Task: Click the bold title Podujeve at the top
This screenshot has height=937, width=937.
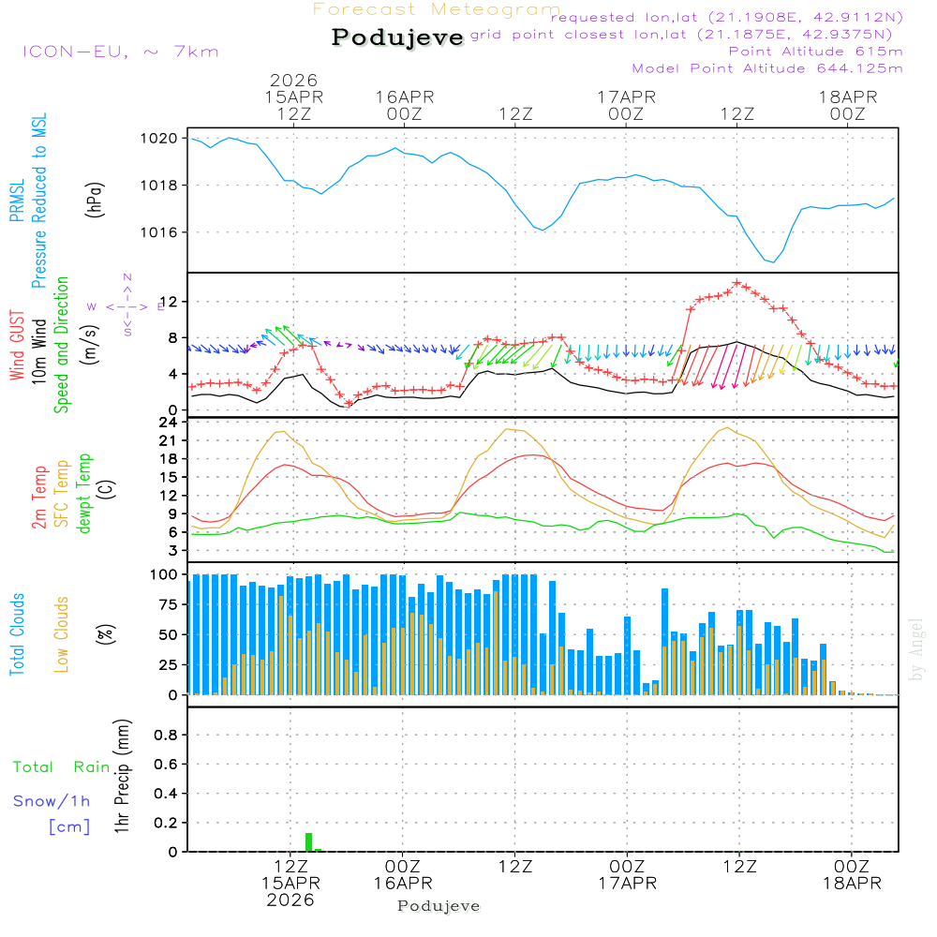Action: pos(397,37)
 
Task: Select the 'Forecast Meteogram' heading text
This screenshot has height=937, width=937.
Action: pos(437,10)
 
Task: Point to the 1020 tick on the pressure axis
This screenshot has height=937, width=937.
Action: pos(165,139)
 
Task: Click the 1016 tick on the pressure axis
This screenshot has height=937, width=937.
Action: pos(165,232)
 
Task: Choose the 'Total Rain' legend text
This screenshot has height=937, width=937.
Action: pos(61,767)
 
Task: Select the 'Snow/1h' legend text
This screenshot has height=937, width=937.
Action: pos(52,802)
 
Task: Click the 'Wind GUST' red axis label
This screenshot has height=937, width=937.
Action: pos(17,347)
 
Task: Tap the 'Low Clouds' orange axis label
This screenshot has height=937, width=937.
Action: pos(62,634)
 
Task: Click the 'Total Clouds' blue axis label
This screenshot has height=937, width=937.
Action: pos(17,634)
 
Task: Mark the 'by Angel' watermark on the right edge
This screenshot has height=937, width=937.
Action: pos(916,649)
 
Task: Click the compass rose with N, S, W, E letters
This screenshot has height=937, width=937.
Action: pos(126,305)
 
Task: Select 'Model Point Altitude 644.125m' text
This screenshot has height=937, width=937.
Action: pos(767,68)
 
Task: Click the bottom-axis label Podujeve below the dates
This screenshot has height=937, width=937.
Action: pos(439,906)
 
